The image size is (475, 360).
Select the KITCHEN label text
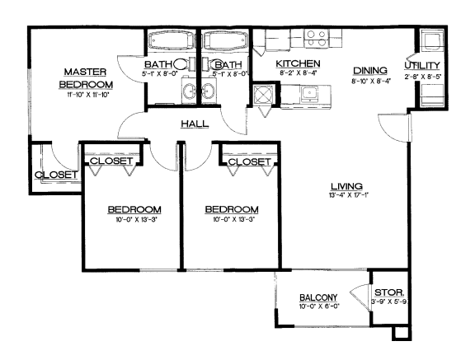[298, 63]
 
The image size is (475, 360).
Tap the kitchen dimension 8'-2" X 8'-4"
[298, 74]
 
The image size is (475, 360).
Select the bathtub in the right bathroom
[225, 41]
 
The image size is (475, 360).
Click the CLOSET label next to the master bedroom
[55, 175]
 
